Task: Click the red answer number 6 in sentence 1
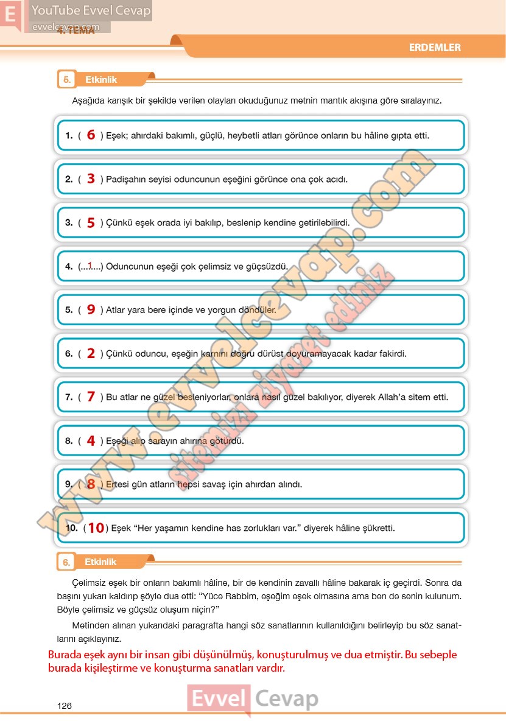coord(91,135)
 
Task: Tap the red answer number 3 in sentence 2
coord(91,179)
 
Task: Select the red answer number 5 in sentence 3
coord(91,223)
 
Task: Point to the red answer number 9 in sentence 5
coord(91,309)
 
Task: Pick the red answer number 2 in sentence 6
coord(91,353)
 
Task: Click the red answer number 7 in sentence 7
coord(91,397)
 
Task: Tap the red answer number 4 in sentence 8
coord(91,441)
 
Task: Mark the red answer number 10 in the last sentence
coord(96,528)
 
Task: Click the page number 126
coord(64,705)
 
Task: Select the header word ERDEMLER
coord(435,47)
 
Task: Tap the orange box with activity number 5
coord(66,80)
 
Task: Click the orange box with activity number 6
coord(66,562)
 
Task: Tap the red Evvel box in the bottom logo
coord(219,699)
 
